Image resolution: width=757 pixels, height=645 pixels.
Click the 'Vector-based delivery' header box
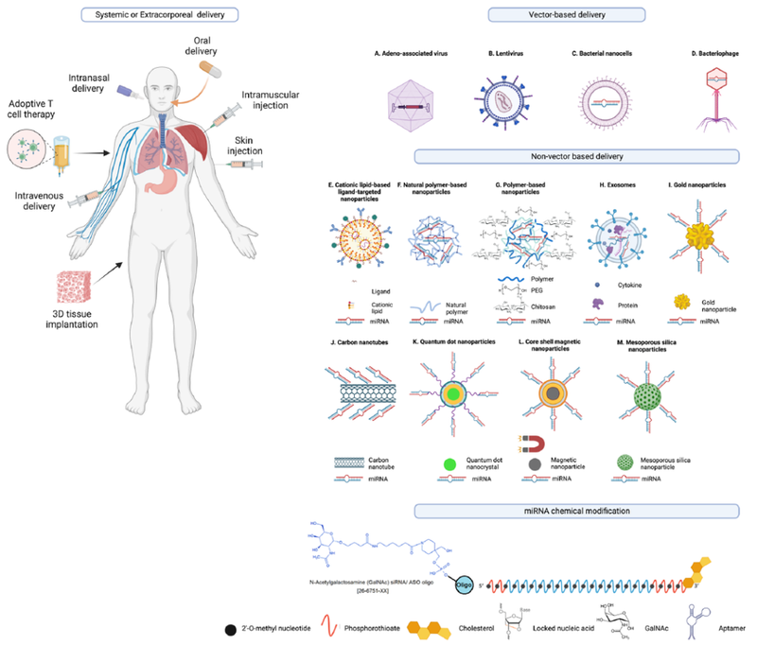click(x=566, y=14)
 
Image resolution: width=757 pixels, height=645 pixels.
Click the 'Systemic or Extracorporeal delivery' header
click(x=159, y=14)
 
